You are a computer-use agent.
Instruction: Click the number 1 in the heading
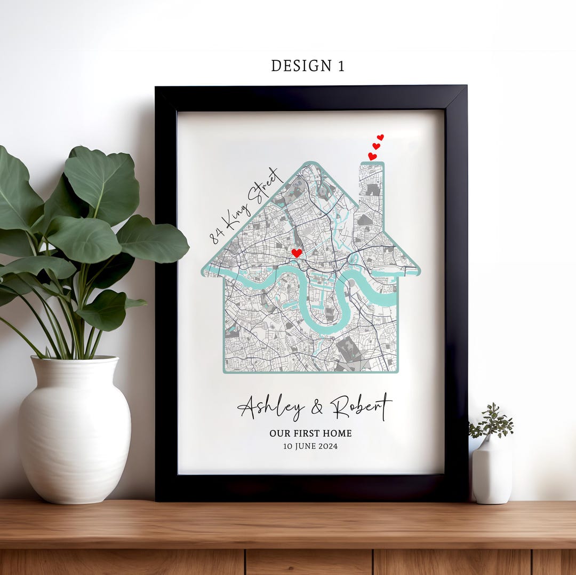340,66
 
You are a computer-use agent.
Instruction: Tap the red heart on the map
297,253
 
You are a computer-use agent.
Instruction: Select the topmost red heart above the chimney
380,137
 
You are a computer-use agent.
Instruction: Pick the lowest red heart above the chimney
372,156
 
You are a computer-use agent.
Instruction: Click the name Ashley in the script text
271,408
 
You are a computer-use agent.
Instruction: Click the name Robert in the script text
361,407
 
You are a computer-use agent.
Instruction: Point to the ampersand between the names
317,408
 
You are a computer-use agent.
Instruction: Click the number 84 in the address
215,235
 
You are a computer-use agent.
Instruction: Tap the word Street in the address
266,184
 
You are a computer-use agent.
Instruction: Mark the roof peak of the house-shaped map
311,164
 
